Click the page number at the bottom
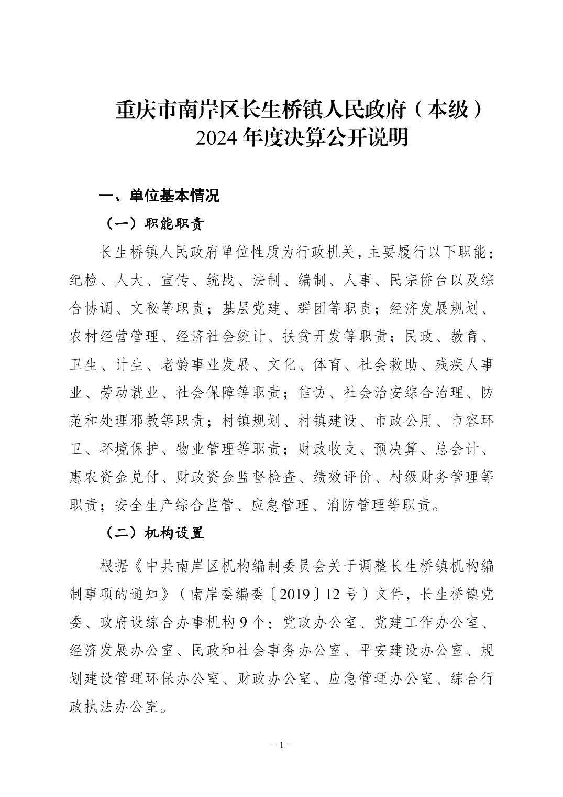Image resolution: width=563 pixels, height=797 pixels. (x=282, y=745)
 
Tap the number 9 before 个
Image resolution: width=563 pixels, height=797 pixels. (x=242, y=622)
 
